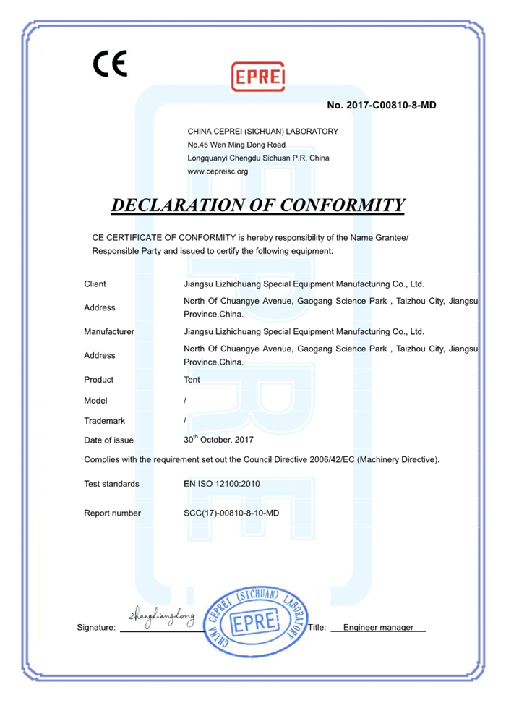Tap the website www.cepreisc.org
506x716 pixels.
pos(218,171)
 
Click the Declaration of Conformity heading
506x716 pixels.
pos(258,205)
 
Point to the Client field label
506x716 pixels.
pos(95,284)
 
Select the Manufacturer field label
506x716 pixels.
pos(109,332)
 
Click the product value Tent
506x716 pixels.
pos(192,380)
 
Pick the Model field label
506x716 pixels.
pos(96,400)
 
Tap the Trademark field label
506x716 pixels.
pos(104,420)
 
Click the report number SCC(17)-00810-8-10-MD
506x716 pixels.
pos(232,513)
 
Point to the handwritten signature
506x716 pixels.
pos(161,617)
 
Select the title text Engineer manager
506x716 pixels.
pos(379,628)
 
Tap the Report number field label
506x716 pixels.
pos(112,513)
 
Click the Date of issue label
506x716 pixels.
pos(108,440)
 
